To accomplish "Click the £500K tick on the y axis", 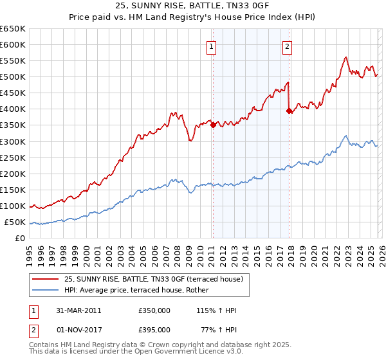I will pos(13,77).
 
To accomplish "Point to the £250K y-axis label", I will pos(13,157).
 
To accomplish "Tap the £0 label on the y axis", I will pos(21,239).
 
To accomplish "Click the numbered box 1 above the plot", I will pos(211,46).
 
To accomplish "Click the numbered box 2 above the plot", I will pos(286,46).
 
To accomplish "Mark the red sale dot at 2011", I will pos(213,125).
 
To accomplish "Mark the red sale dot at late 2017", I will pos(289,111).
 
